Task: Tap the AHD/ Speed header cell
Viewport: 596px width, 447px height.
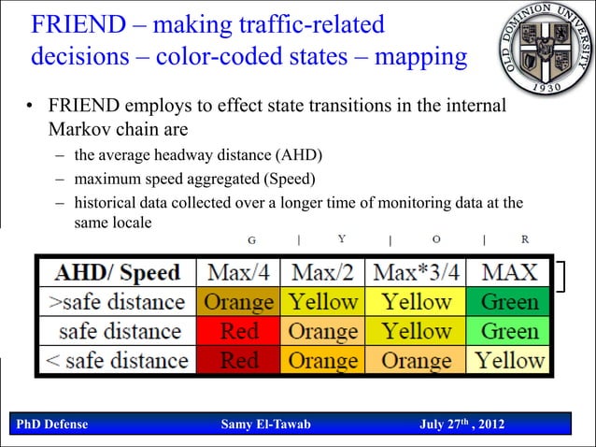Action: click(118, 273)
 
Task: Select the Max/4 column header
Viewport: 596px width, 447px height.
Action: click(239, 273)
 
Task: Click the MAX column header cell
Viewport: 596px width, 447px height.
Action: click(509, 273)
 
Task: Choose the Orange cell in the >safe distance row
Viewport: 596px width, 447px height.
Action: click(239, 302)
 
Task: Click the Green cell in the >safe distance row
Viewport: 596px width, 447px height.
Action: click(509, 302)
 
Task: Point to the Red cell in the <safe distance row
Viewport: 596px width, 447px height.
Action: click(239, 360)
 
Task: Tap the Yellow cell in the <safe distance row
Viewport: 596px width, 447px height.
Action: click(509, 360)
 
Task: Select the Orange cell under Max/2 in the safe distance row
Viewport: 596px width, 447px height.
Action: click(323, 331)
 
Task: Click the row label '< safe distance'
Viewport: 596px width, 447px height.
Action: click(118, 360)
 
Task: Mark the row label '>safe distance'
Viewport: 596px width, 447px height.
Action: click(118, 302)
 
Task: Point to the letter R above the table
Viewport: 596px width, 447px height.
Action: click(525, 239)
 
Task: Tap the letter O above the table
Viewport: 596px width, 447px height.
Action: click(436, 239)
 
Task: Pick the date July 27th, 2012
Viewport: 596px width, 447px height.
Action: click(462, 425)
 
